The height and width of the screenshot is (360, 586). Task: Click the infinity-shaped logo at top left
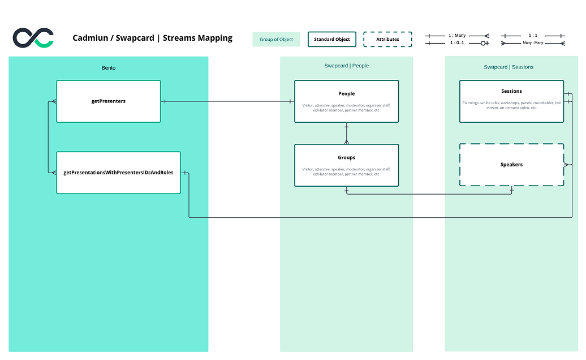click(33, 37)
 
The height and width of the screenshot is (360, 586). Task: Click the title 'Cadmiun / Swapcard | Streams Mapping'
click(152, 38)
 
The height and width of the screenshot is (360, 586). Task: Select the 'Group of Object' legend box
click(276, 39)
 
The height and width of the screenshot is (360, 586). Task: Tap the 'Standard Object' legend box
click(332, 39)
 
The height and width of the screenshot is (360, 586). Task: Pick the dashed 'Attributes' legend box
click(387, 39)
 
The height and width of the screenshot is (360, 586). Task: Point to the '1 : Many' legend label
click(457, 35)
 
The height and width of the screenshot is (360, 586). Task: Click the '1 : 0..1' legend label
click(457, 42)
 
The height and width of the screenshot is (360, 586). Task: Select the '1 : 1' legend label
click(533, 35)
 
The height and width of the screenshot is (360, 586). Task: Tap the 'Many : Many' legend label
click(532, 42)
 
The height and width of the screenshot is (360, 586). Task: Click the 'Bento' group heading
click(109, 68)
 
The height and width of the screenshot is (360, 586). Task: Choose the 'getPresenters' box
click(109, 101)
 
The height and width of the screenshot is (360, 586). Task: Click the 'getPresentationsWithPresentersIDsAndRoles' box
click(118, 172)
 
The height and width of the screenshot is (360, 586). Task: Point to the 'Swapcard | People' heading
click(346, 66)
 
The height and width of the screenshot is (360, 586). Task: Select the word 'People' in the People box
click(346, 93)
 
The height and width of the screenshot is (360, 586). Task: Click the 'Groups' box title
click(346, 157)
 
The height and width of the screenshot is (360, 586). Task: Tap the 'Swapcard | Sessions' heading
click(509, 67)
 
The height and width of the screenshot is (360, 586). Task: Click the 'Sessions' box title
click(511, 91)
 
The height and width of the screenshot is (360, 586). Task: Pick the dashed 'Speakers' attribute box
click(511, 165)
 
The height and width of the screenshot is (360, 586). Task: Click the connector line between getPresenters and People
click(226, 101)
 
